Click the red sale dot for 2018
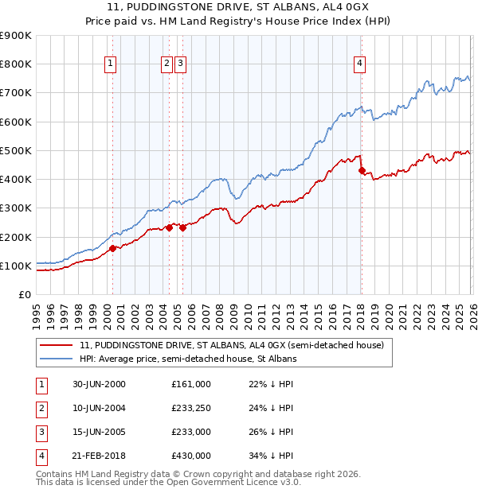pos(362,170)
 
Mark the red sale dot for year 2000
pos(112,248)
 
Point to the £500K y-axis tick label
pos(15,150)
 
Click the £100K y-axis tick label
pos(15,266)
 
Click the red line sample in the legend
pos(57,345)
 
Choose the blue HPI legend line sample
pos(57,359)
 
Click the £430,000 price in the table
pos(191,456)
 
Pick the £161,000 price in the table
pos(191,384)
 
